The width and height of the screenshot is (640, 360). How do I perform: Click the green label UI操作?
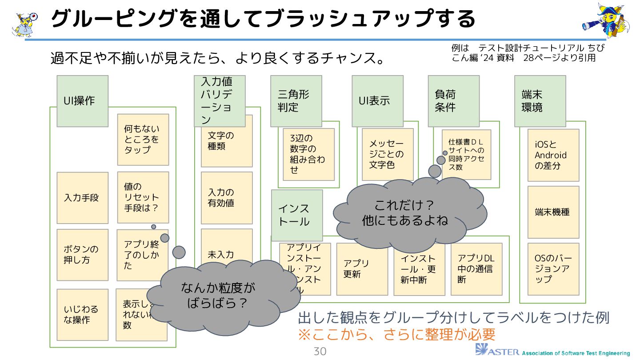[x=82, y=101]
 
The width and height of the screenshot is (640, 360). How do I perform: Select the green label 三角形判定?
[x=296, y=101]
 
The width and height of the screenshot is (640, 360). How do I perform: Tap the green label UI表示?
[x=377, y=101]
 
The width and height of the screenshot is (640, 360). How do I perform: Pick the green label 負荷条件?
[x=453, y=101]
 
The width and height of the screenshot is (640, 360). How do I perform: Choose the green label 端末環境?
[x=540, y=101]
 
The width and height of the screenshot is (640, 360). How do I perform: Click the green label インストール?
[x=296, y=215]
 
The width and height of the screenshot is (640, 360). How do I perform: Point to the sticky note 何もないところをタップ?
[x=143, y=140]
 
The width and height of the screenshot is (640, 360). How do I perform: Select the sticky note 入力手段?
[x=82, y=198]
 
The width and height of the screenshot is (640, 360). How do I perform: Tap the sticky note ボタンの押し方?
[x=82, y=255]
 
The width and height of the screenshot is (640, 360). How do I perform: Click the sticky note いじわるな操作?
[x=82, y=315]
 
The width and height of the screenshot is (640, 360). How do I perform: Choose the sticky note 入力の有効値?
[x=226, y=198]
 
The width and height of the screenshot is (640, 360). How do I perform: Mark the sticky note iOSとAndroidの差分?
[x=553, y=155]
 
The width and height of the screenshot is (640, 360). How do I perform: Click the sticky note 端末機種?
[x=553, y=212]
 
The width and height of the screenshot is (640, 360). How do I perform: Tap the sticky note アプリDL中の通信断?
[x=476, y=269]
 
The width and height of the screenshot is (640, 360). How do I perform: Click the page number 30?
[x=320, y=352]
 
